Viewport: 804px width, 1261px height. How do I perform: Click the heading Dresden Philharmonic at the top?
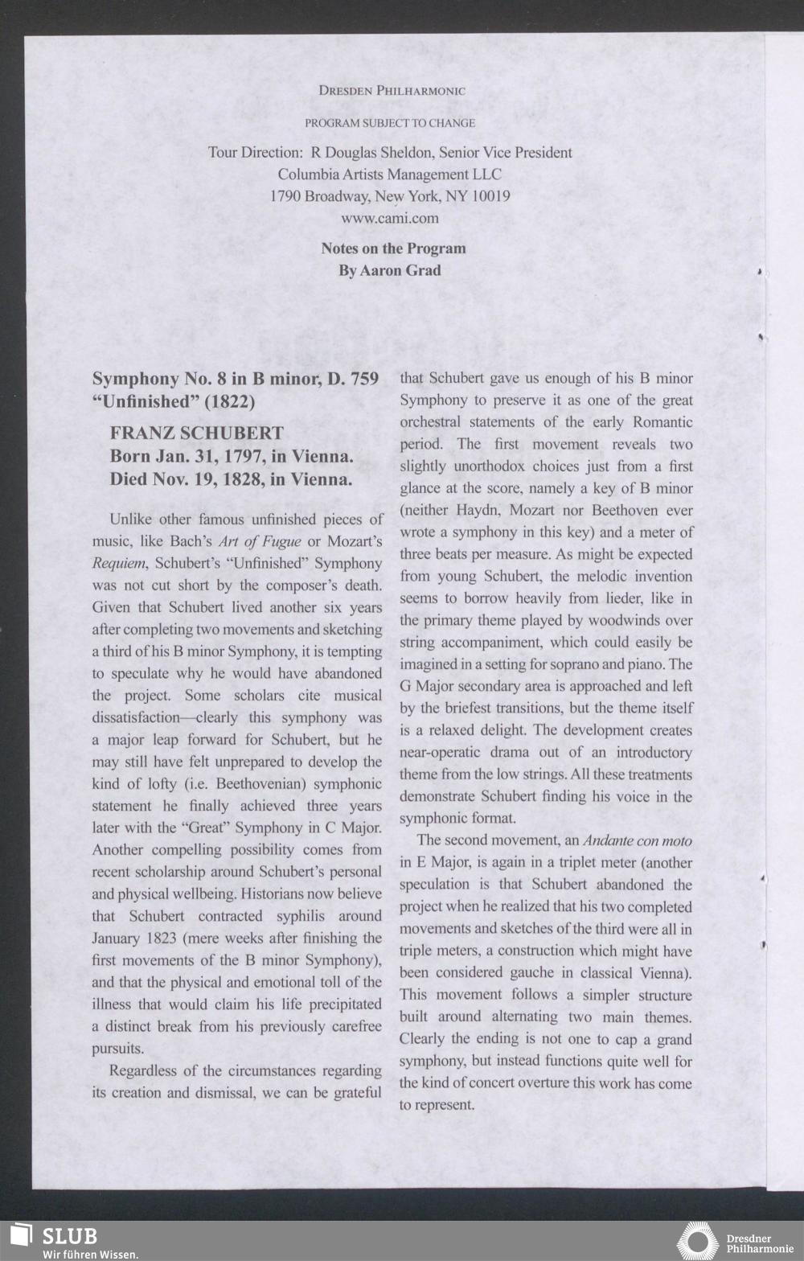pos(392,91)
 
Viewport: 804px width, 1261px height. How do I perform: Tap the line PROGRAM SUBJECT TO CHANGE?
pos(390,123)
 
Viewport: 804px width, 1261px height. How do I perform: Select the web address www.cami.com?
pos(390,218)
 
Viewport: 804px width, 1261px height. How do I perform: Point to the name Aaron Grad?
pos(400,270)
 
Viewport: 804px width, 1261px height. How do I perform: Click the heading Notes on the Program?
pos(393,249)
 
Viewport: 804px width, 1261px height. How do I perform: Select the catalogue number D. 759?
pos(354,379)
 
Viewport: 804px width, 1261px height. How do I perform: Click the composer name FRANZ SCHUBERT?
pos(196,433)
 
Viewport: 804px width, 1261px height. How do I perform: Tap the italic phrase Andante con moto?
pos(637,841)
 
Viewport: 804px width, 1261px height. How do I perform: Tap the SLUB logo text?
pos(69,1236)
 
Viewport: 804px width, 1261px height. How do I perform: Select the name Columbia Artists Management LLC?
pos(390,175)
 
